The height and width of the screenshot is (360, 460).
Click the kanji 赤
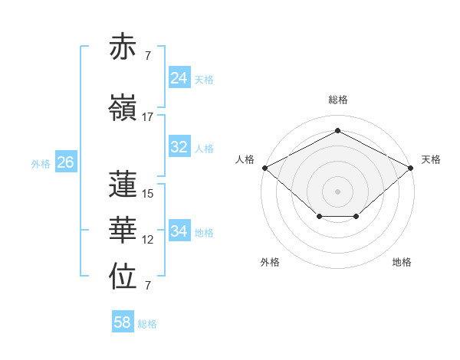124,47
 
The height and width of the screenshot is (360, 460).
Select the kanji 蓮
124,185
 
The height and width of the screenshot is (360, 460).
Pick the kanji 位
124,278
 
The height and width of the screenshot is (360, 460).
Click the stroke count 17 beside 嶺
148,117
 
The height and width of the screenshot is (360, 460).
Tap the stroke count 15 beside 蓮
148,194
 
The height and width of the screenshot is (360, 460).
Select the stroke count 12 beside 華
148,240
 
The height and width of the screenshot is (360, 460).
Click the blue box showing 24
179,78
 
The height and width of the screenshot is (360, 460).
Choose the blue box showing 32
179,147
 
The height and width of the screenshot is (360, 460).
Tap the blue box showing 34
179,231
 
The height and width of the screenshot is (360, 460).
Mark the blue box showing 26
65,162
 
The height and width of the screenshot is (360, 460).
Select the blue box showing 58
122,322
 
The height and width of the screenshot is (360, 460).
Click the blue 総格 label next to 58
147,324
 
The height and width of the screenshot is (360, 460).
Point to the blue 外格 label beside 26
40,163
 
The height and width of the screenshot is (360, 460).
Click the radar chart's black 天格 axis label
431,159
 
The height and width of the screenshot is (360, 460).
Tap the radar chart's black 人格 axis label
245,159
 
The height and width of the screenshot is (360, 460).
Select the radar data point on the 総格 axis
337,131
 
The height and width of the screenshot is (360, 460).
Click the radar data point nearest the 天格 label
411,167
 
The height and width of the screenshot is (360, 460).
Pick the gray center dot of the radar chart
337,191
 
